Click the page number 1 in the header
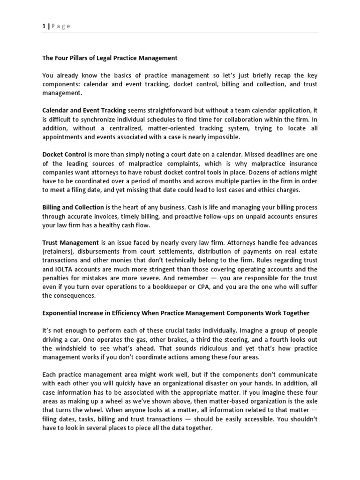(x=44, y=26)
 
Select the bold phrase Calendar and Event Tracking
(x=84, y=111)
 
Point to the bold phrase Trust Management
(x=70, y=243)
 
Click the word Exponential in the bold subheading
(x=61, y=313)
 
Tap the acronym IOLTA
(x=64, y=269)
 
